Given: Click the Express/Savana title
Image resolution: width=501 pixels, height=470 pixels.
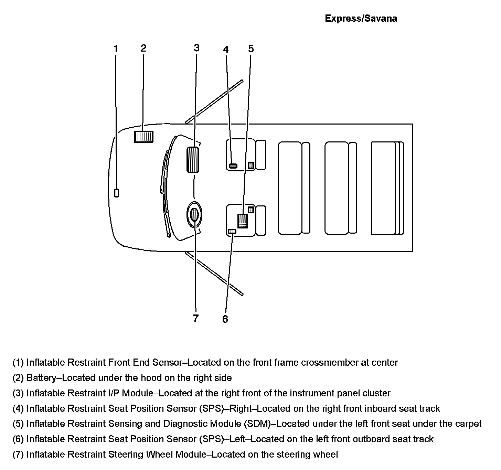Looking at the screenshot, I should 361,19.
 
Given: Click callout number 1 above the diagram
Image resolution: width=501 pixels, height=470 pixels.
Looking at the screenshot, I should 116,49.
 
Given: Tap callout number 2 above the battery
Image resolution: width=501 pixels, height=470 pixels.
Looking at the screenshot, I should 143,48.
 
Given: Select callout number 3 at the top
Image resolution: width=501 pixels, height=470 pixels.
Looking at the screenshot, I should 196,47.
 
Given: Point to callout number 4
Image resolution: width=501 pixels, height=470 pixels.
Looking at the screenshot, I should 226,50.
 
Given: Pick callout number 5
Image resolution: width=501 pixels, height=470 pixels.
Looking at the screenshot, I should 251,49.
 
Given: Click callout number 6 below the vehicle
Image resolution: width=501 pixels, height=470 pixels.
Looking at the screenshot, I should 225,319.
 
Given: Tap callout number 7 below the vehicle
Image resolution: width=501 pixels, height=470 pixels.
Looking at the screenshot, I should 196,318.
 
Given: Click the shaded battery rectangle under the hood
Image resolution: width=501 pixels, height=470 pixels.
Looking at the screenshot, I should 143,137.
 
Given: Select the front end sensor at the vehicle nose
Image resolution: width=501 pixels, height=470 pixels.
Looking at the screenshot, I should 117,193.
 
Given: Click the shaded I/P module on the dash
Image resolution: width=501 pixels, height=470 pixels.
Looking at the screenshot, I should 193,159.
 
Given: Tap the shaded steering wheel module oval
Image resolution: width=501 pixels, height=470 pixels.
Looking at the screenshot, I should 194,215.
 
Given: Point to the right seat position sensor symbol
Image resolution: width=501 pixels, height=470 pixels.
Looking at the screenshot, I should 233,166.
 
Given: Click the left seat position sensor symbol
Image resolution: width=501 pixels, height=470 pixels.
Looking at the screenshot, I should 232,232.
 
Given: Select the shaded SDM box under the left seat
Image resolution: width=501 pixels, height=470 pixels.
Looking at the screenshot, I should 242,221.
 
